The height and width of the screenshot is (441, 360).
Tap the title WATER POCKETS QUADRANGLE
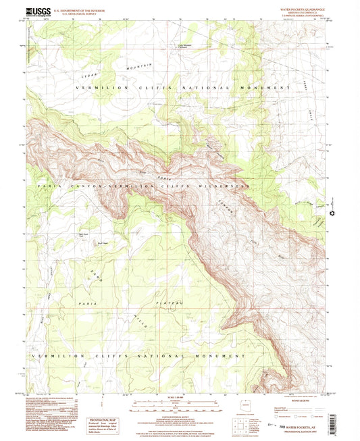(x=297, y=7)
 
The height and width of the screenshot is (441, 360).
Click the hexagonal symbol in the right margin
(x=332, y=214)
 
